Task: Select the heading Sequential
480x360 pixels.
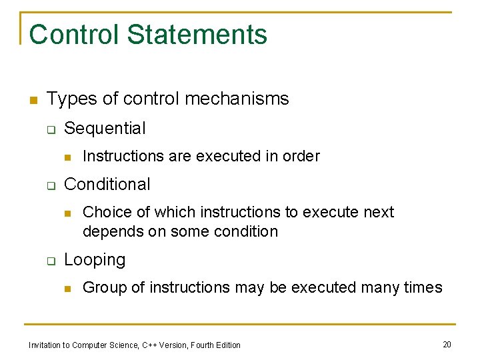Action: pos(105,128)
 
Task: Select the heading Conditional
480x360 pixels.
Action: pos(107,184)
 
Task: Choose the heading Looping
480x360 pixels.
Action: pos(95,260)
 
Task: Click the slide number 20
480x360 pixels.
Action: pos(447,344)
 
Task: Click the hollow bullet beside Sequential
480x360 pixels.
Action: pos(50,129)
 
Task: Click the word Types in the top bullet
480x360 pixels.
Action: pos(67,99)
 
